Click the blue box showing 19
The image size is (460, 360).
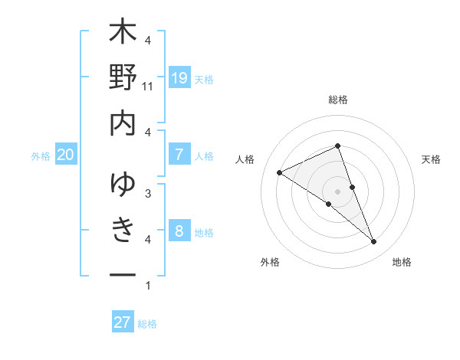(179, 77)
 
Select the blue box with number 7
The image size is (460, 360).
(179, 155)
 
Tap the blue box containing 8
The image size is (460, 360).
(179, 231)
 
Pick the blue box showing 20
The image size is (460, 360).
(66, 155)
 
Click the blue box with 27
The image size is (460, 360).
(123, 322)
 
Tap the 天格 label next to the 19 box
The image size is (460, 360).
(204, 80)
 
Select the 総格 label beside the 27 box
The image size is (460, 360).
(147, 324)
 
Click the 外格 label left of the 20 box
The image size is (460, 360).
(41, 156)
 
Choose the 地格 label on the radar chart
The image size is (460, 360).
(402, 262)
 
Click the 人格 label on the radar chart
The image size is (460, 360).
(246, 159)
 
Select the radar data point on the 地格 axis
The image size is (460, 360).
(374, 242)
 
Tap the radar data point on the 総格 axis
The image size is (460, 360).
(337, 146)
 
